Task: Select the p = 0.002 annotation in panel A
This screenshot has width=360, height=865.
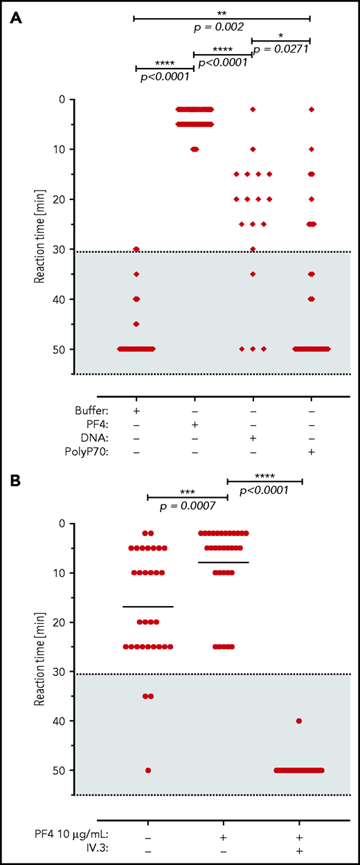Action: pyautogui.click(x=222, y=26)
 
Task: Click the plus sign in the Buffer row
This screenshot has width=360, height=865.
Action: pyautogui.click(x=136, y=409)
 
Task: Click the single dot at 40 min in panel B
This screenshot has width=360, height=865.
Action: pyautogui.click(x=298, y=721)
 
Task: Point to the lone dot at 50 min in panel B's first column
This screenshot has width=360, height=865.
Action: pyautogui.click(x=148, y=770)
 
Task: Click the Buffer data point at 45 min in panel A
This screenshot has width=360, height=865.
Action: pyautogui.click(x=136, y=324)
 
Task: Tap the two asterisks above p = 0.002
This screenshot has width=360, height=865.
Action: pyautogui.click(x=222, y=13)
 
